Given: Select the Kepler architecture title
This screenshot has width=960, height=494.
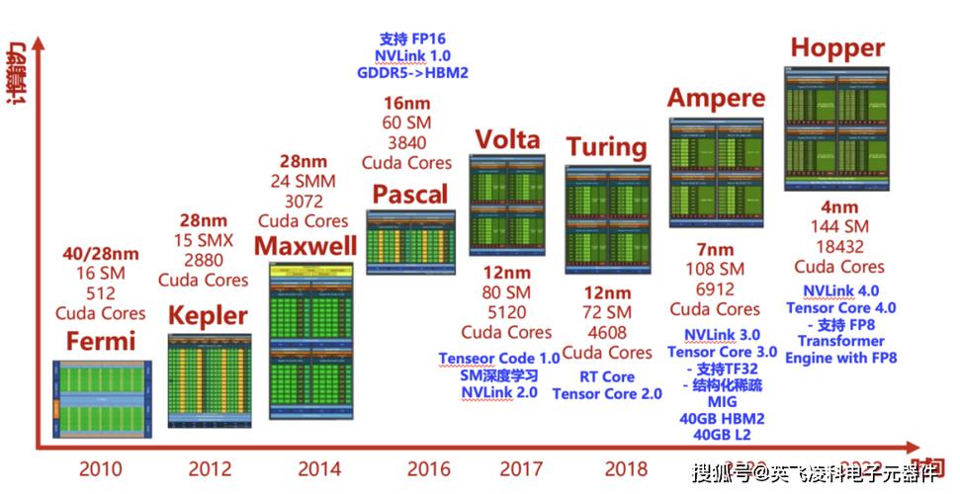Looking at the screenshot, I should [207, 316].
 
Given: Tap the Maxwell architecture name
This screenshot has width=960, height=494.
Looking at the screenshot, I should [305, 245].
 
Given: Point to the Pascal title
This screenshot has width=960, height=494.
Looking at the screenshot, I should [409, 194].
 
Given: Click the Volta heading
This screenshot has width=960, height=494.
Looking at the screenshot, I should [507, 139].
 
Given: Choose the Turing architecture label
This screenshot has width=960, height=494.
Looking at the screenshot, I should [606, 147].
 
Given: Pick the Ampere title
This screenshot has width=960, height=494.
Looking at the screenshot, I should [716, 98].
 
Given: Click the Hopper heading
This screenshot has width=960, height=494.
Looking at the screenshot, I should [836, 47].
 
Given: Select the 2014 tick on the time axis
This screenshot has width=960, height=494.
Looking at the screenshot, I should [319, 468].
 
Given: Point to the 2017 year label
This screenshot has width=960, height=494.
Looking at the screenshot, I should [520, 468].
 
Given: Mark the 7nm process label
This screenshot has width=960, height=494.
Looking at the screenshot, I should [715, 249].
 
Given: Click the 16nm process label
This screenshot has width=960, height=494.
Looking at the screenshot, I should [406, 103].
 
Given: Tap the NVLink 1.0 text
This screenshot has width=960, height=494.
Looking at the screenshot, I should [412, 55].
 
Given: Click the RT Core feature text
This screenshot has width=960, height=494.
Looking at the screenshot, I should [607, 376].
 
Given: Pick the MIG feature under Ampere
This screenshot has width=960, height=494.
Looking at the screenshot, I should [716, 402].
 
